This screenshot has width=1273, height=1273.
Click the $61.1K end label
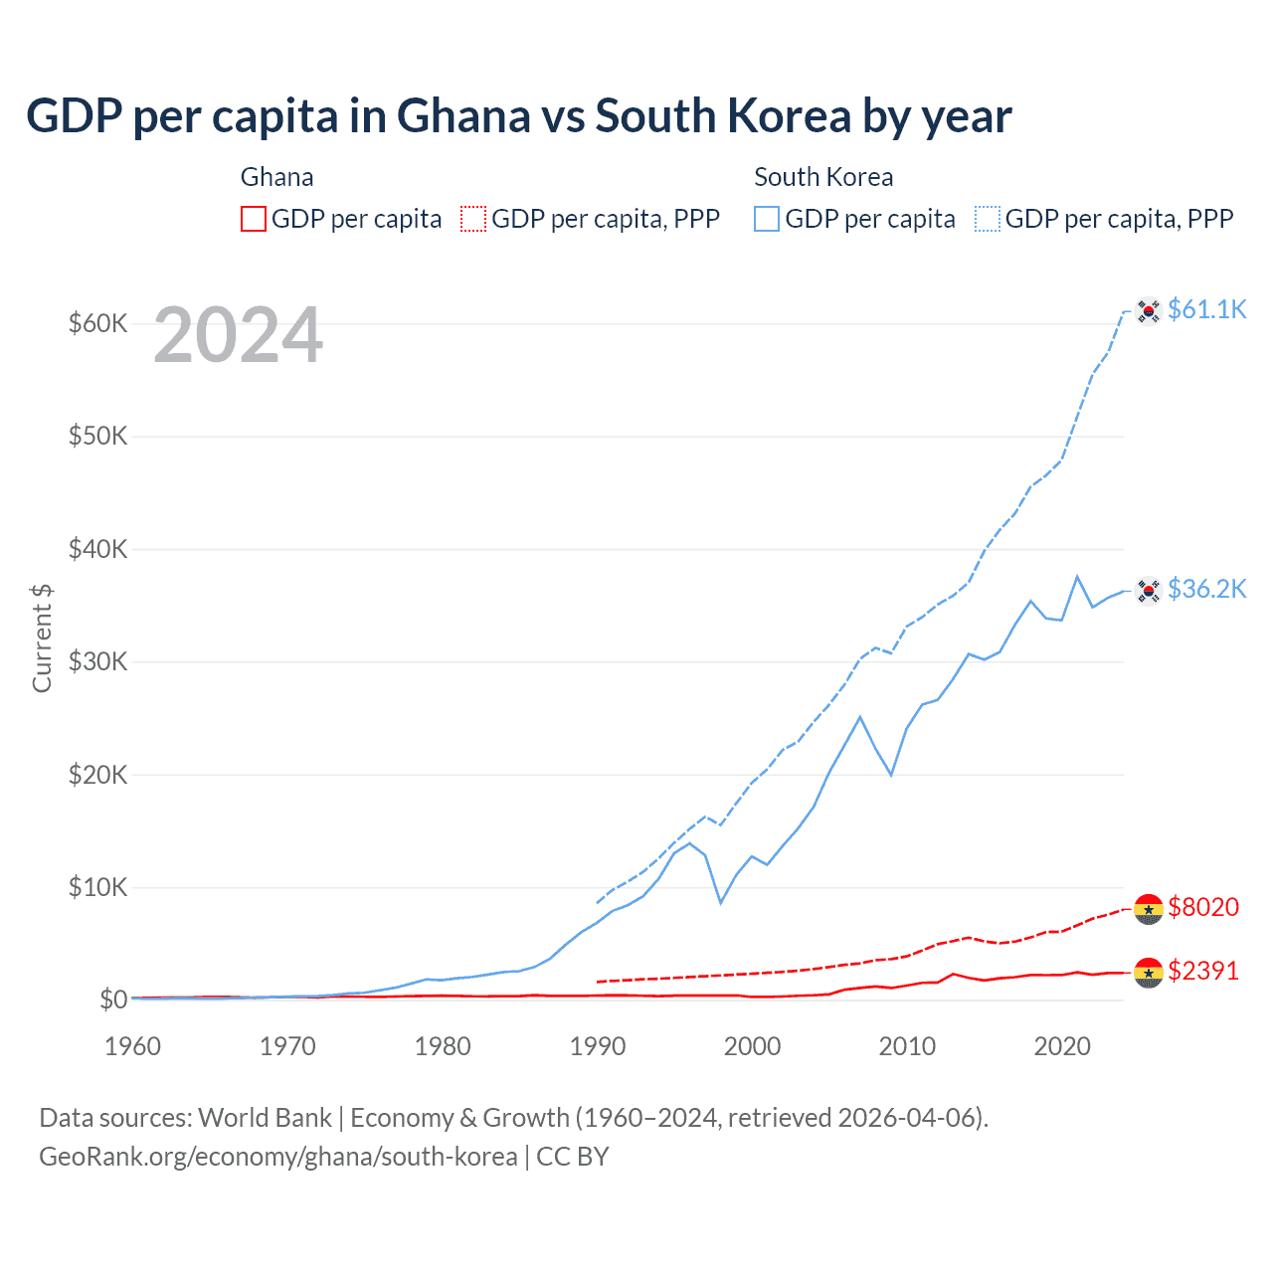1206,309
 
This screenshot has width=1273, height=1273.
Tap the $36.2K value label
1206,589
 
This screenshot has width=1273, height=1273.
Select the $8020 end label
1203,907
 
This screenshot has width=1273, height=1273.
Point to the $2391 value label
1203,971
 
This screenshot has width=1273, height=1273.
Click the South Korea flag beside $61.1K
1149,311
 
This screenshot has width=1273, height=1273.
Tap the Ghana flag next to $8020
1149,908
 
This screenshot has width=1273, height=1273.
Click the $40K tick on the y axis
97,549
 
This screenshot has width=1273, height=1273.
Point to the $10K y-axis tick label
97,887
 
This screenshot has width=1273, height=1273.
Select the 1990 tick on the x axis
598,1046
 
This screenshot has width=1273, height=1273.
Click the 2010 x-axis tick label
907,1046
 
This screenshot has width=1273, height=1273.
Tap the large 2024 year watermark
238,336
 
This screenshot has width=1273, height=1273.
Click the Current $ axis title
42,638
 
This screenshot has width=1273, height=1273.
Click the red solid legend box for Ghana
254,219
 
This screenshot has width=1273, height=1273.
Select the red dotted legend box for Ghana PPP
473,219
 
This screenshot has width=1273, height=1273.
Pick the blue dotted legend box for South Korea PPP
988,219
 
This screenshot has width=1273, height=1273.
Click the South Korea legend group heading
823,177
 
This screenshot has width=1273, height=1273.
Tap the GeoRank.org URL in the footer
277,1157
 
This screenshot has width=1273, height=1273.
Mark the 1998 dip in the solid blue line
721,902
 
